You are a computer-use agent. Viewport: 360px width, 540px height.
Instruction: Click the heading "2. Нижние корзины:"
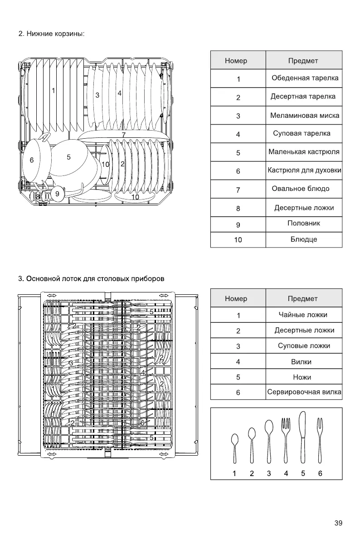[51, 34]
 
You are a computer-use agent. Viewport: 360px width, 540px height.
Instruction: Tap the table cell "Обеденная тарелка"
[305, 78]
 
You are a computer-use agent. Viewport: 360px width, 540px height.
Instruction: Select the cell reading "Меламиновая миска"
[305, 116]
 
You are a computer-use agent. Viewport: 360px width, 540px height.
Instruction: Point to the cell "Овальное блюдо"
[301, 189]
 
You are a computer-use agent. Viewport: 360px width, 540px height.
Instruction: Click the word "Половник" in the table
[304, 223]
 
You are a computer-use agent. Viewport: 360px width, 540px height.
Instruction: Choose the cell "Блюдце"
[304, 239]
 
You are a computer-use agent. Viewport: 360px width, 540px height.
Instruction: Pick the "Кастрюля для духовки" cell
[304, 170]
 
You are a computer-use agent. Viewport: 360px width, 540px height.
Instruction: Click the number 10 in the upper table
[238, 240]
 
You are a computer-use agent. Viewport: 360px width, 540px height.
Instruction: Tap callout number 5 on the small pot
[68, 157]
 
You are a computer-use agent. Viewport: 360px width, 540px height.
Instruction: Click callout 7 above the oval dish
[123, 135]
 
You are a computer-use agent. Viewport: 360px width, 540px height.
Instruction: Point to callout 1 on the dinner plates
[54, 90]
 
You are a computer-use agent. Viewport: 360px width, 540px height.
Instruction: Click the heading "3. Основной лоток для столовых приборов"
[91, 278]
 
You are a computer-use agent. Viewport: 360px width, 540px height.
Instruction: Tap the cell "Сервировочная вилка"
[304, 392]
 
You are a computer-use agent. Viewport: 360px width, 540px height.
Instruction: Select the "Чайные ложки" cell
[303, 315]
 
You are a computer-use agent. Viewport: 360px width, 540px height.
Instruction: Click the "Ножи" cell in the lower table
[302, 377]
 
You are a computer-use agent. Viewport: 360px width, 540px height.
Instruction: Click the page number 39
[338, 523]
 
